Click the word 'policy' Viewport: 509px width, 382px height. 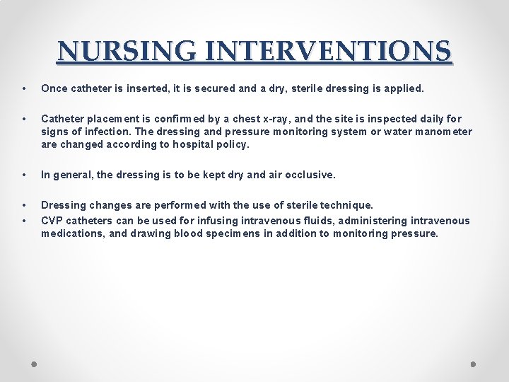[x=235, y=144]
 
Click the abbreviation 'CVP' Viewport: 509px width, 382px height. [x=53, y=221]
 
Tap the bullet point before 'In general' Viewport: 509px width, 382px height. [x=24, y=175]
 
